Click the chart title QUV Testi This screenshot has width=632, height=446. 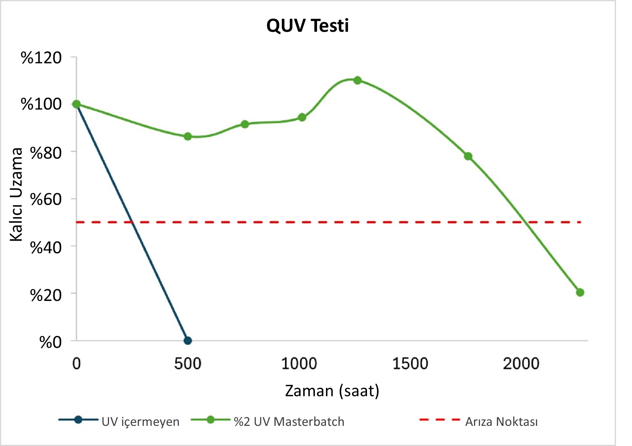point(308,26)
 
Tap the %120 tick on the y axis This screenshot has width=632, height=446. point(41,58)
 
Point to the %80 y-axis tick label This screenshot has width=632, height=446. point(46,153)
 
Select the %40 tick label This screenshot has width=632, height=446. point(46,248)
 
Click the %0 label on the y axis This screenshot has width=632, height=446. point(50,342)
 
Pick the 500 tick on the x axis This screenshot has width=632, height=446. point(188,364)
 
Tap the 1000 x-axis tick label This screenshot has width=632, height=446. point(299,364)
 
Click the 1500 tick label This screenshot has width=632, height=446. point(410,364)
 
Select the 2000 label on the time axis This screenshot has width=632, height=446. point(521,364)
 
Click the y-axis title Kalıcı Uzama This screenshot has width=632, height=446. point(16,195)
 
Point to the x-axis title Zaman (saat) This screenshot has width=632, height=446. point(332,391)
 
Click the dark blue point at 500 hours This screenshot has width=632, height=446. point(188,340)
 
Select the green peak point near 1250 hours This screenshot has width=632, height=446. point(358,80)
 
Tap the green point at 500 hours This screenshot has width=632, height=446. point(188,136)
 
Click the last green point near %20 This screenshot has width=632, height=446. point(580,292)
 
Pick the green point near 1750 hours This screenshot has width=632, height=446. point(468,156)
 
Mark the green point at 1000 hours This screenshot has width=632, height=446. point(302,117)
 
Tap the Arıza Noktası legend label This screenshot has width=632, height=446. point(501,422)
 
